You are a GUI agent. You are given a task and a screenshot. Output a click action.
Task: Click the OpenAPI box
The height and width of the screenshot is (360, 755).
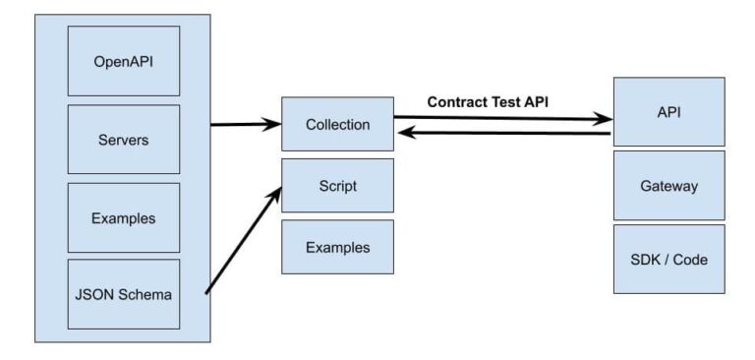[x=123, y=61]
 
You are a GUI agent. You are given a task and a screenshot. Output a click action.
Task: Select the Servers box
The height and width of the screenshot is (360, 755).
[x=123, y=139]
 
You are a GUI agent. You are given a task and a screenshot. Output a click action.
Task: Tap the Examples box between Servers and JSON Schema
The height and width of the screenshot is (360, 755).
[x=123, y=216]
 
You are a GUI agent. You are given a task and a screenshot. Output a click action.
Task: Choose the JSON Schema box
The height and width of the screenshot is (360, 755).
[x=123, y=294]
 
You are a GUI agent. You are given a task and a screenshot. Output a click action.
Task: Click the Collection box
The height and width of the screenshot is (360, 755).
[x=337, y=124]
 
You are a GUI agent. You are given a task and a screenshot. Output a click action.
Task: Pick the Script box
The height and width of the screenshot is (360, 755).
[x=337, y=185]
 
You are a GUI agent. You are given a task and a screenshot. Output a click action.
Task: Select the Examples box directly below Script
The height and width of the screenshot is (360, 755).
[x=337, y=247]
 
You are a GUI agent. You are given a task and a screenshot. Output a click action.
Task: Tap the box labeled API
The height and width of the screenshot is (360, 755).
[x=668, y=112]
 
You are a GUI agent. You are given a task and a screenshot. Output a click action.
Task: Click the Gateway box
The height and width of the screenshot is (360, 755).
[x=668, y=185]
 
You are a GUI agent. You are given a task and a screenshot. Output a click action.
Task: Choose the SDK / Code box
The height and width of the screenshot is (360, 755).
[x=668, y=260]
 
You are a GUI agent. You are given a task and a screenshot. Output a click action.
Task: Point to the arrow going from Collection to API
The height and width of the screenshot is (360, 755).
[x=501, y=118]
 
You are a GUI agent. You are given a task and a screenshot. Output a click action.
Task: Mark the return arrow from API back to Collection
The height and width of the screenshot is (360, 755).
[x=501, y=133]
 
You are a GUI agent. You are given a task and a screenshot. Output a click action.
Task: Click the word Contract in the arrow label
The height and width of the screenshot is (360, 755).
[x=456, y=101]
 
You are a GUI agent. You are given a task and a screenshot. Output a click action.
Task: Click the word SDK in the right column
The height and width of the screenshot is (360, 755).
[x=646, y=260]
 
